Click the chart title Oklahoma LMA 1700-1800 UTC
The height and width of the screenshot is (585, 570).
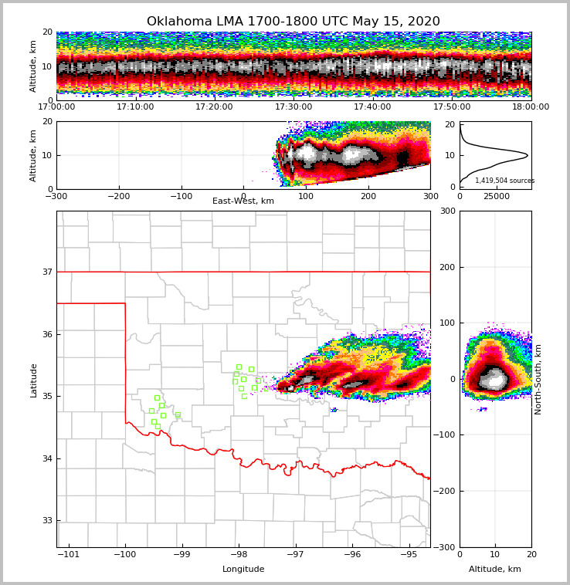(293, 22)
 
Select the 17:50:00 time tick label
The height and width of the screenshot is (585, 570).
(452, 107)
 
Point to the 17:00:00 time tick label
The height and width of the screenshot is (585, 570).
(57, 107)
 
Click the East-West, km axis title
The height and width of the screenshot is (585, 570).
(243, 201)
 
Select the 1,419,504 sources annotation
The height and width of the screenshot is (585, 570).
(504, 181)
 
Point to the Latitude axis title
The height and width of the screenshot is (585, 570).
(33, 380)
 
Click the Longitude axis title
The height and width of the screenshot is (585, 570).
(243, 570)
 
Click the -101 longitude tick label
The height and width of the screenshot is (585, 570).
(70, 555)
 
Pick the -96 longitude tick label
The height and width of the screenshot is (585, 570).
(351, 555)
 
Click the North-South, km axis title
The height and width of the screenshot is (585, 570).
(538, 379)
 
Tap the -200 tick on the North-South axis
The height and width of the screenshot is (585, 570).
(446, 491)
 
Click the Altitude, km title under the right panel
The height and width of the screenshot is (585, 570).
(495, 570)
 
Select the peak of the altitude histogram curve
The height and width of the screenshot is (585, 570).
(528, 155)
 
